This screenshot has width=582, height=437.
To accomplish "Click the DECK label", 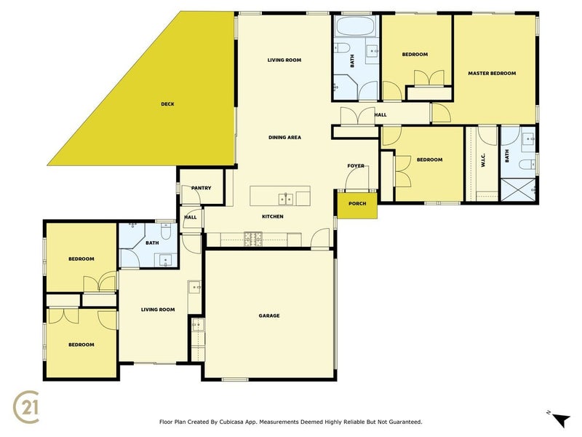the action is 167,104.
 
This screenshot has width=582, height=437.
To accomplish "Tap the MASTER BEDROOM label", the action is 492,74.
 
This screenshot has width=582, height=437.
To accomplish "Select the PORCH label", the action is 357,204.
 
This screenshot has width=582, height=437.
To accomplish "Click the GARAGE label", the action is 269,315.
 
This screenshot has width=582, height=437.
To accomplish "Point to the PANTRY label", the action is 202,188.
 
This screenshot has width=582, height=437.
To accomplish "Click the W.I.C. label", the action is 483,160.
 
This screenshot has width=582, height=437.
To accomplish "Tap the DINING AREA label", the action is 284,138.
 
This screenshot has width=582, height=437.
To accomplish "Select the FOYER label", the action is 356,166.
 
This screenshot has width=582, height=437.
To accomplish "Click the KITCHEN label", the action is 272,216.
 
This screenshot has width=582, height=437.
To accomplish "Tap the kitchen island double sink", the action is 286,199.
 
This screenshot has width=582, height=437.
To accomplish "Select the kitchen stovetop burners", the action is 252,240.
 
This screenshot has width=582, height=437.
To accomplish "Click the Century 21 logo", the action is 26,407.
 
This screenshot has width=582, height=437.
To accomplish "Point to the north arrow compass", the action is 559,419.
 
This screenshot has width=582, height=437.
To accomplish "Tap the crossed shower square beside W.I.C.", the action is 518,190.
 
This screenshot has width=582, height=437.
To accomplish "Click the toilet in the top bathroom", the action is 342,48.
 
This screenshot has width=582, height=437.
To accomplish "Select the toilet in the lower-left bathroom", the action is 167,231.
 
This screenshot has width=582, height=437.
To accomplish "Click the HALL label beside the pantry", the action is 191,217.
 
